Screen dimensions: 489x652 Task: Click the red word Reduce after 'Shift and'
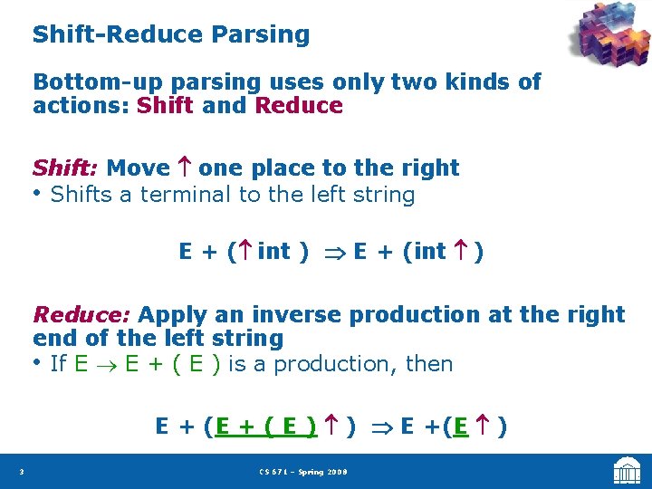coord(299,105)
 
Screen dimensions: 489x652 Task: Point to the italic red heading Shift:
coord(65,168)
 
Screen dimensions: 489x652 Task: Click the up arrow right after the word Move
coord(184,168)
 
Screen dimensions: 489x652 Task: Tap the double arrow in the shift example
coord(333,253)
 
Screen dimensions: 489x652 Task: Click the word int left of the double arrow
coord(273,251)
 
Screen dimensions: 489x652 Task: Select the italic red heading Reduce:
coord(81,314)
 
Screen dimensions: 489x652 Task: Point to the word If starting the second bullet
coord(59,364)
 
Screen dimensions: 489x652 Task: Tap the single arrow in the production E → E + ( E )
coord(106,365)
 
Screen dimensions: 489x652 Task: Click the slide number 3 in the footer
coord(21,472)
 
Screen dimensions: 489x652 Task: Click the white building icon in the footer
coord(627,470)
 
